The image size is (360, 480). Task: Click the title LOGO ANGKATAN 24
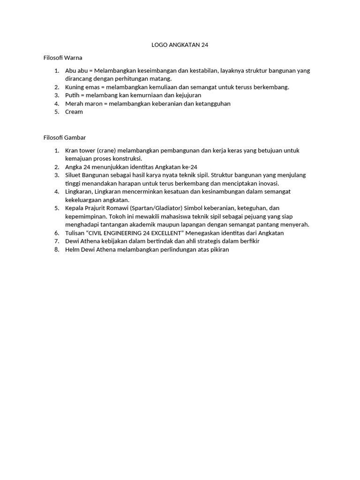coord(180,45)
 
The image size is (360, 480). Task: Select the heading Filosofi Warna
coord(60,58)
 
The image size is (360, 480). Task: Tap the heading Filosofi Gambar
coord(62,138)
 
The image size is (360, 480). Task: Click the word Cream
coord(74,112)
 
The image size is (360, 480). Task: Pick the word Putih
coord(73,95)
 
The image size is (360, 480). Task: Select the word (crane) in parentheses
coord(106,150)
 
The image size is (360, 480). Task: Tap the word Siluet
coord(74,175)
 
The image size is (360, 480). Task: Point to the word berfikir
coord(248,241)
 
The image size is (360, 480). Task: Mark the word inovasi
coord(268,183)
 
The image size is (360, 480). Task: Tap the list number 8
coord(56,249)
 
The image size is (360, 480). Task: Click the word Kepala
coord(75,208)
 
